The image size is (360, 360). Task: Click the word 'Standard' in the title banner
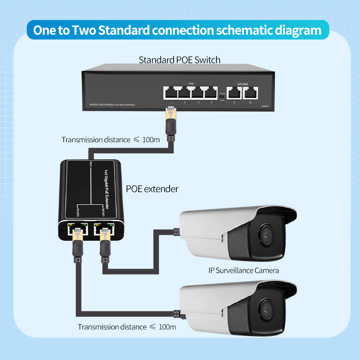point(122,30)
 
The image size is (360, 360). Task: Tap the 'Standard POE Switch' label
point(180,59)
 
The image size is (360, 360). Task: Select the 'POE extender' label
point(152,189)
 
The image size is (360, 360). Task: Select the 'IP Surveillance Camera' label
point(243,270)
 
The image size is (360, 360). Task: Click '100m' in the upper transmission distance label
point(151,139)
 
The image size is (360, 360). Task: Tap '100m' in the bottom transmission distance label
point(167,327)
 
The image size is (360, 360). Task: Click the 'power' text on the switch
point(265,106)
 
